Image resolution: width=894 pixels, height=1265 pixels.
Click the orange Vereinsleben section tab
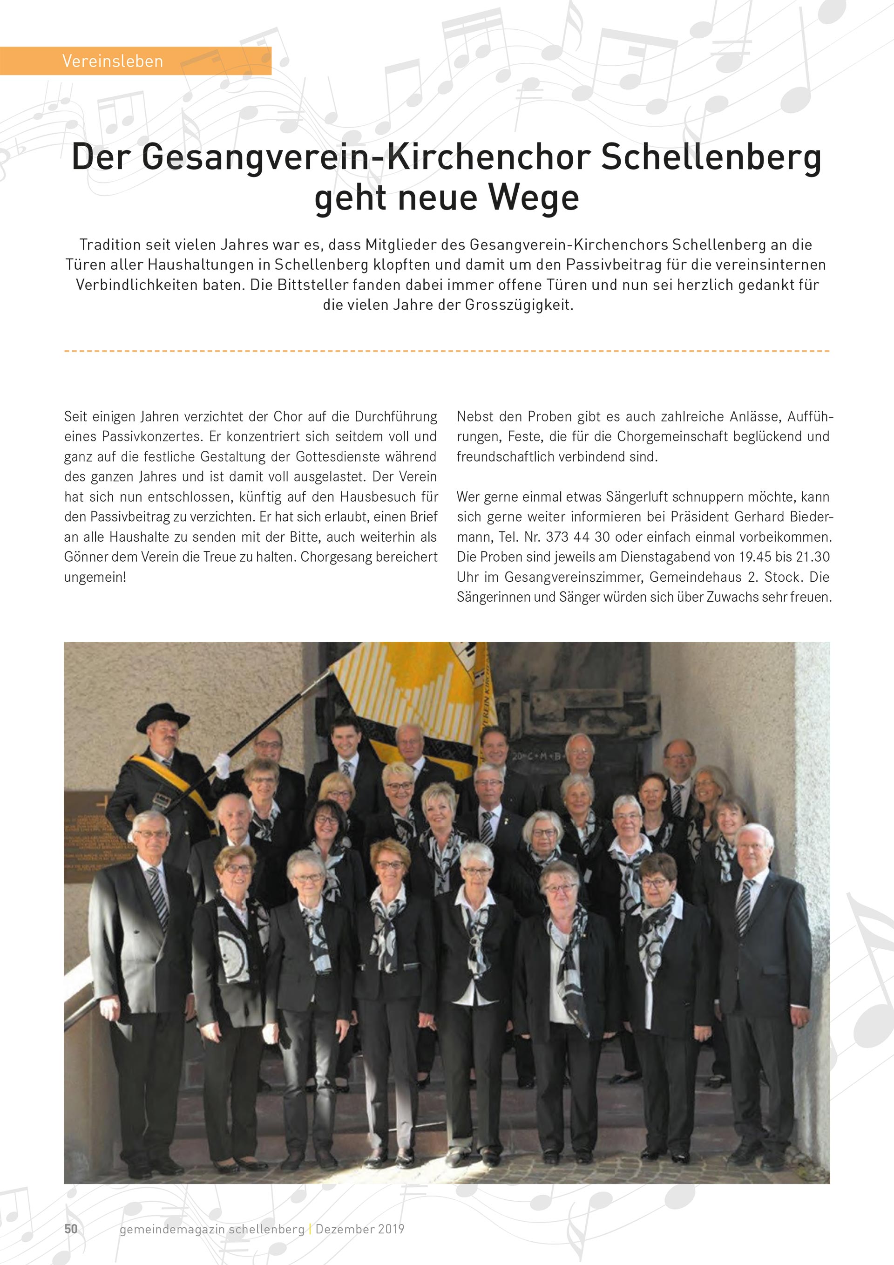pyautogui.click(x=135, y=61)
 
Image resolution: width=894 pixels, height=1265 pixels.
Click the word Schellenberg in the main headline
pyautogui.click(x=711, y=157)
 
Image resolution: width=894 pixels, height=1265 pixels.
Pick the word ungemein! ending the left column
pyautogui.click(x=95, y=577)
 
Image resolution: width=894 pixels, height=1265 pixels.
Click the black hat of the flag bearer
pyautogui.click(x=162, y=716)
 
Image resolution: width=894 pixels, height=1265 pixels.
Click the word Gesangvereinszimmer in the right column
pyautogui.click(x=573, y=577)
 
